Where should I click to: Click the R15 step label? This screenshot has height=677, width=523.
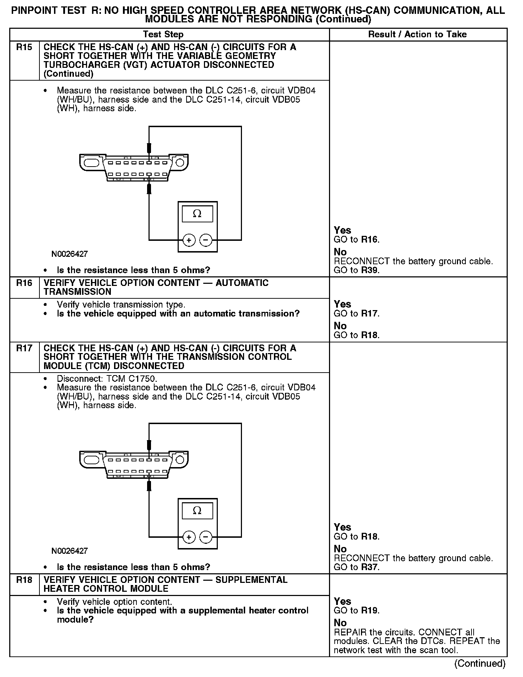24,47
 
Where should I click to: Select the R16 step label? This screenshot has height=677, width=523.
24,283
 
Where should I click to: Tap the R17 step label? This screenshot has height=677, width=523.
24,348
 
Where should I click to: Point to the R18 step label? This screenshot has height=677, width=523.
24,580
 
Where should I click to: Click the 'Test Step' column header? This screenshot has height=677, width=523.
163,34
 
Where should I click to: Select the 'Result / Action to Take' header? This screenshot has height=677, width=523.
417,34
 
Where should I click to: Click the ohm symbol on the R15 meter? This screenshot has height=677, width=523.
197,214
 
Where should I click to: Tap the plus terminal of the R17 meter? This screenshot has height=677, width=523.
189,537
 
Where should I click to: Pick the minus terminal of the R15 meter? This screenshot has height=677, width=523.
206,240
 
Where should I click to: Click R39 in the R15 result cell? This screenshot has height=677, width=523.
370,270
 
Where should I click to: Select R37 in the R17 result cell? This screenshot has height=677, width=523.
370,567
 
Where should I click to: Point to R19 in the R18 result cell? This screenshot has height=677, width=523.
370,611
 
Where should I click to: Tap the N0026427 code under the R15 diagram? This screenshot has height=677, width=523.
70,254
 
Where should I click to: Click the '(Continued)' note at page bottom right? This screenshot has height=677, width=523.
480,664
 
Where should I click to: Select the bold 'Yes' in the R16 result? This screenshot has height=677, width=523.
343,304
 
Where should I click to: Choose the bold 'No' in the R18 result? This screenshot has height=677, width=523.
340,623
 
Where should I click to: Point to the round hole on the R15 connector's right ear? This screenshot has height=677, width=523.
180,163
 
